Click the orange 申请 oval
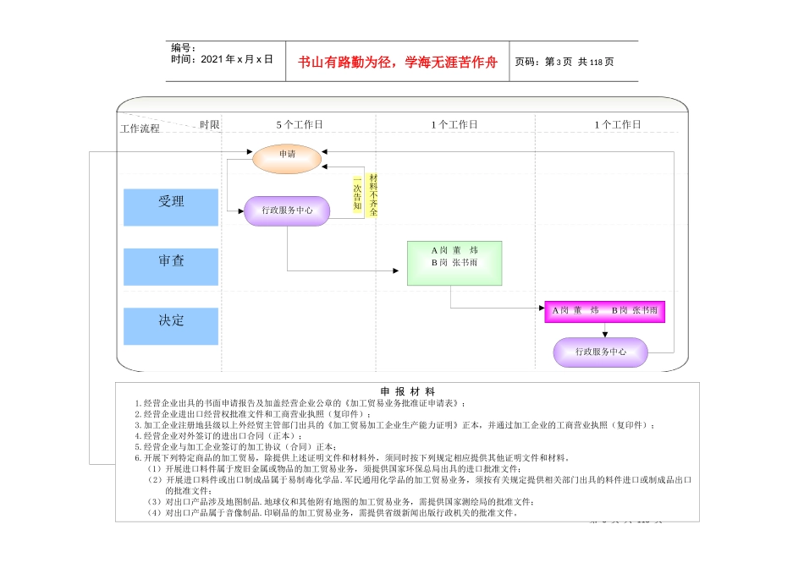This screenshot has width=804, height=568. pyautogui.click(x=288, y=158)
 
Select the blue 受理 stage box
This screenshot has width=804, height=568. pyautogui.click(x=170, y=207)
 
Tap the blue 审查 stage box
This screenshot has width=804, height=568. pyautogui.click(x=170, y=266)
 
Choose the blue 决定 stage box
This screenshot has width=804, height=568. pyautogui.click(x=170, y=325)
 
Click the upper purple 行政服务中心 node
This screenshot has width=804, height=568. pyautogui.click(x=287, y=210)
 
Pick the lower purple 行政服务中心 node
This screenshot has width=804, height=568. pyautogui.click(x=601, y=352)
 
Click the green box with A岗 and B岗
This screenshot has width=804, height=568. pyautogui.click(x=454, y=262)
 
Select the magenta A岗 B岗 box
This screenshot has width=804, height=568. pyautogui.click(x=604, y=311)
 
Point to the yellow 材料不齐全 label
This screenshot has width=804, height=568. pyautogui.click(x=372, y=195)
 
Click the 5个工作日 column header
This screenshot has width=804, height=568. pyautogui.click(x=299, y=125)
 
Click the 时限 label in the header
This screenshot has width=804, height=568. pyautogui.click(x=210, y=125)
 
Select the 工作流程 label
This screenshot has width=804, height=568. pyautogui.click(x=140, y=129)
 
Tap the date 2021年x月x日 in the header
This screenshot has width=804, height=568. pyautogui.click(x=222, y=60)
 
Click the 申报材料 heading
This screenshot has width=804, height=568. pyautogui.click(x=407, y=391)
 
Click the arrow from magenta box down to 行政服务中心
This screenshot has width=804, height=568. pyautogui.click(x=604, y=330)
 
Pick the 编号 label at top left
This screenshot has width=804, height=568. pyautogui.click(x=184, y=48)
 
